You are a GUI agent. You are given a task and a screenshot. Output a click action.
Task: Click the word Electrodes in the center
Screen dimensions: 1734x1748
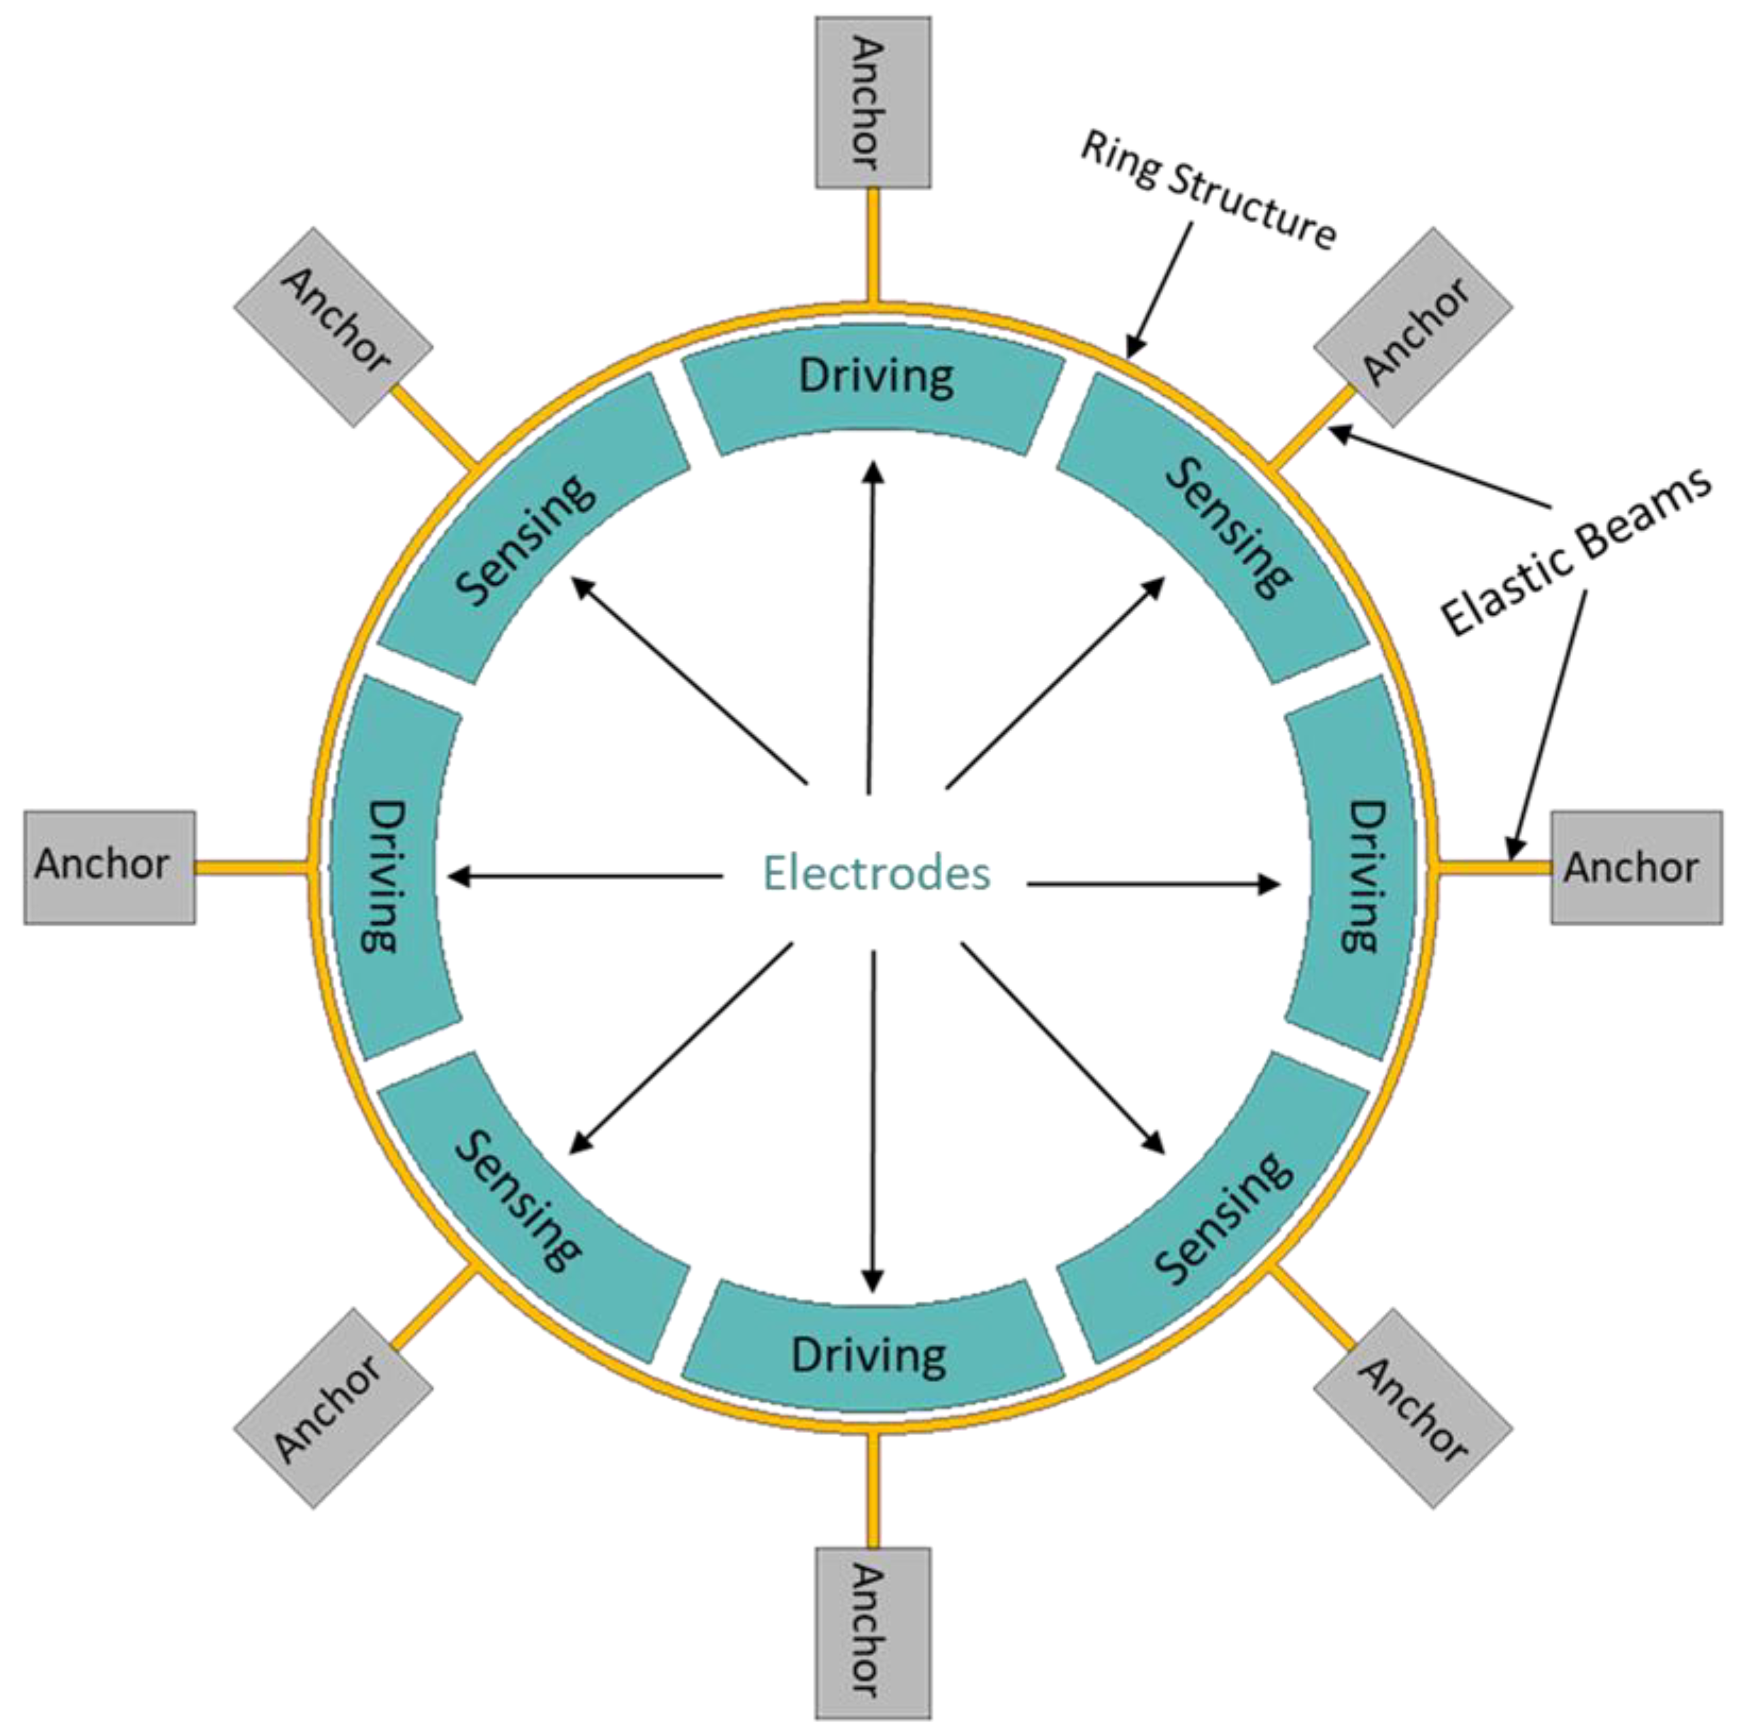pos(876,873)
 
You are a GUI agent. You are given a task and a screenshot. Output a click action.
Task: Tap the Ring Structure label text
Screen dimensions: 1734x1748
pos(1208,191)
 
